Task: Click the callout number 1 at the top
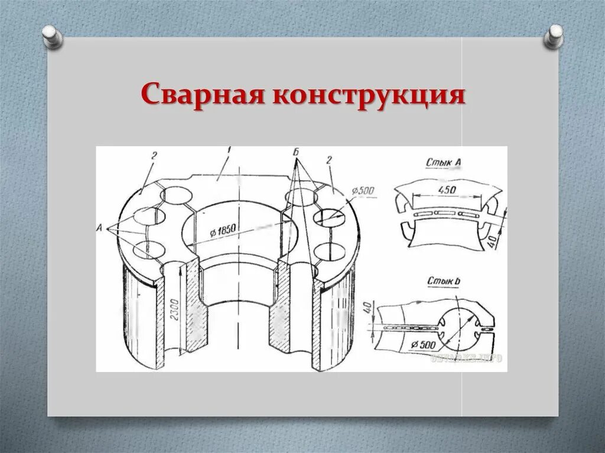click(x=227, y=152)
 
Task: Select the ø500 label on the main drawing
click(x=362, y=191)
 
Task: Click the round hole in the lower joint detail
click(x=454, y=327)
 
